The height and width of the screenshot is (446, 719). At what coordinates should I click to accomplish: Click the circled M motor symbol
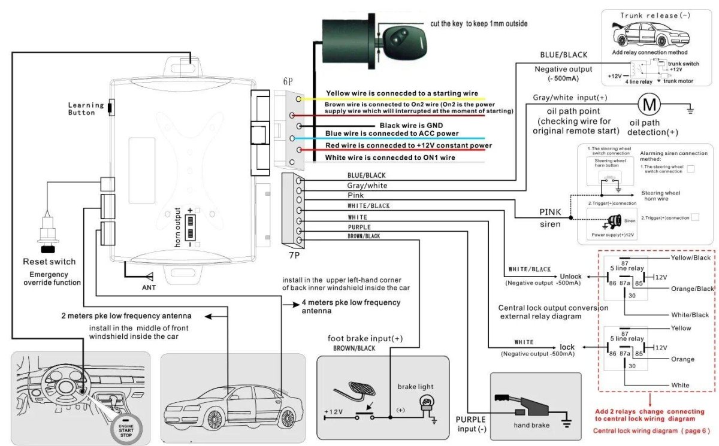(648, 105)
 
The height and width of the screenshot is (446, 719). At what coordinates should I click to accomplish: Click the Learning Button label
(86, 108)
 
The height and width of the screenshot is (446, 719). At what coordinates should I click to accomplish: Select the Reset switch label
(49, 262)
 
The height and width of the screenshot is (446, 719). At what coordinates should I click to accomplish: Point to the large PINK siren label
(550, 212)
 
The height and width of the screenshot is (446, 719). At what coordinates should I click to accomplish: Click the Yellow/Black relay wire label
(691, 257)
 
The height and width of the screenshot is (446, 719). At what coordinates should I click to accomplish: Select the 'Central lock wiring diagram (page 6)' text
(651, 431)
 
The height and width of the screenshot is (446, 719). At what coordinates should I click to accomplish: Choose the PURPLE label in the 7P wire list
(359, 227)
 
